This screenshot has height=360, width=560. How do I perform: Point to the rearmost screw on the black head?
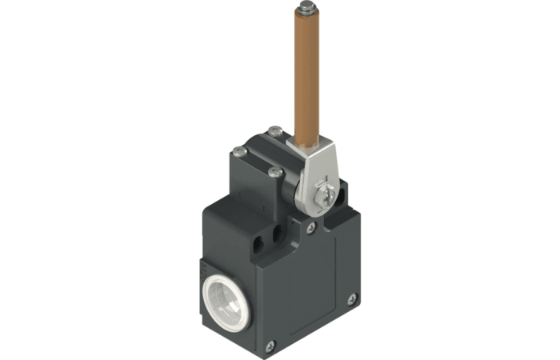[274, 130]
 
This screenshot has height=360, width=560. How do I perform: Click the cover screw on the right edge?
[353, 300]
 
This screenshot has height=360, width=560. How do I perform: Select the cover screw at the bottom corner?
[270, 345]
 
